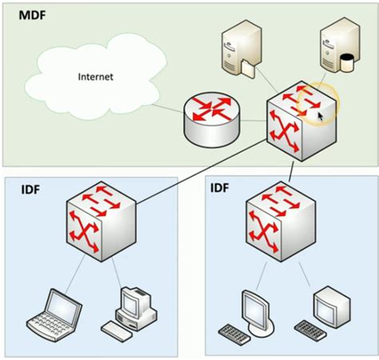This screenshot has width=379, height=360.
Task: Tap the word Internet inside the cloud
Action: pyautogui.click(x=95, y=77)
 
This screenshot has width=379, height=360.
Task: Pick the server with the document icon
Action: pyautogui.click(x=240, y=48)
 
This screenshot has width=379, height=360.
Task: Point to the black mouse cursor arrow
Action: pyautogui.click(x=320, y=117)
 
